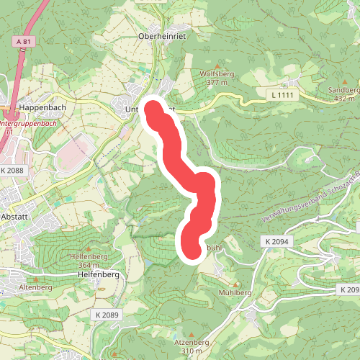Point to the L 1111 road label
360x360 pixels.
pyautogui.click(x=284, y=95)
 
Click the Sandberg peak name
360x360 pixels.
pyautogui.click(x=342, y=90)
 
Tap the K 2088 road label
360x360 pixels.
pyautogui.click(x=13, y=171)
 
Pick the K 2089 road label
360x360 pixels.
pyautogui.click(x=107, y=315)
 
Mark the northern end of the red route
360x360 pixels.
pyautogui.click(x=154, y=109)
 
